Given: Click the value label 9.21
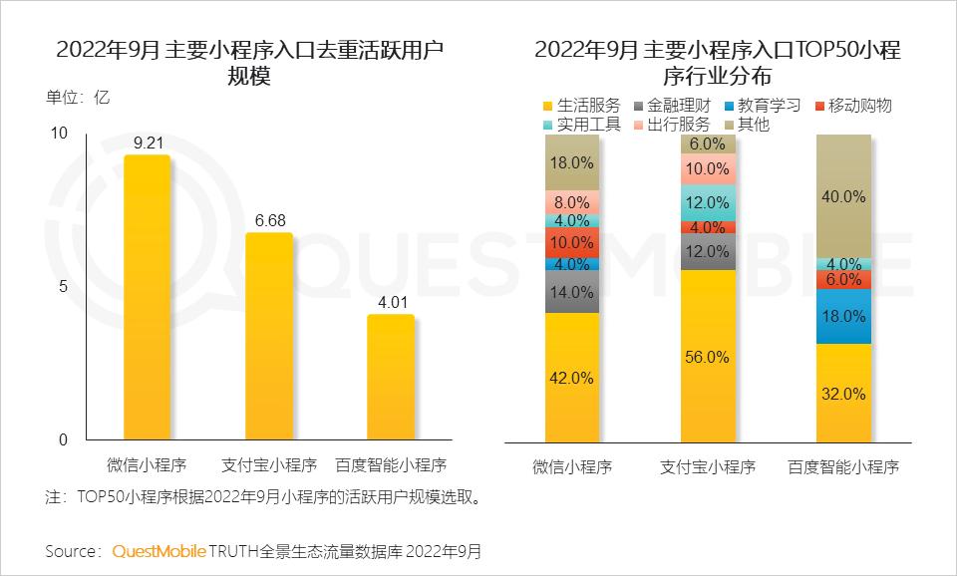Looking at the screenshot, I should coord(147,143).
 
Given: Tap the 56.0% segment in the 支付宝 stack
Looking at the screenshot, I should coord(709,355).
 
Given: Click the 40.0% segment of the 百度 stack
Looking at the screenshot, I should coord(843,196).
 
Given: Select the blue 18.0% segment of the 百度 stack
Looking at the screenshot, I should coord(843,316).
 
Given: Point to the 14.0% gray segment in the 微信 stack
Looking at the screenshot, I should coord(572,292).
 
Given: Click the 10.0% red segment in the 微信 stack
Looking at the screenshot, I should coord(572,242).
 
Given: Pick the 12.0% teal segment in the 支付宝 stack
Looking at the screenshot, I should coord(709,202).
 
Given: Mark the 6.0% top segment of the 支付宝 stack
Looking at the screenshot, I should coord(709,144).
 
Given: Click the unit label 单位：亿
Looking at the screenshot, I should coord(77,98).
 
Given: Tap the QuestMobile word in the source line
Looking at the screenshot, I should coord(159,551).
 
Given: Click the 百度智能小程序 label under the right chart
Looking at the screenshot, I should coord(843,466).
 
